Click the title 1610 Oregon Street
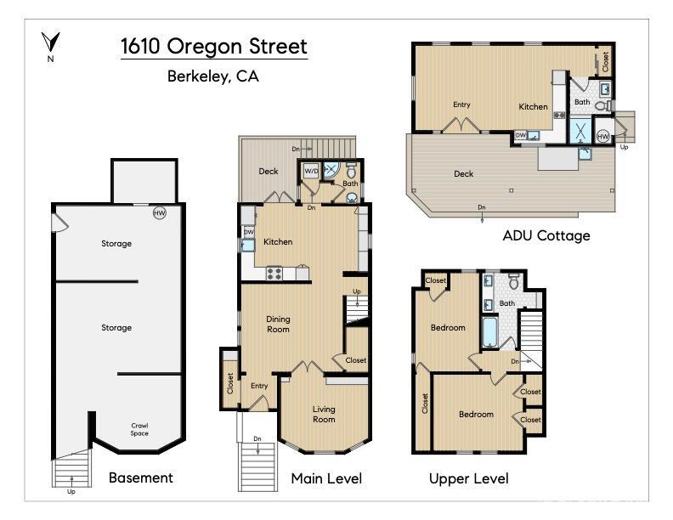coord(213,45)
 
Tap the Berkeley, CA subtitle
coord(213,76)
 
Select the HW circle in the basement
coord(159,212)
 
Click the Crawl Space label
coord(139,429)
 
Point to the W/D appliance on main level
coord(311,171)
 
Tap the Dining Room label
coord(279,324)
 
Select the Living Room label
coord(324,414)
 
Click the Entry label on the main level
coord(259,386)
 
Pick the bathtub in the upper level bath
coord(489,332)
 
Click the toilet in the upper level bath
coord(513,283)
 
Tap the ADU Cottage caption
coord(546,235)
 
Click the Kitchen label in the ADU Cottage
coord(534,106)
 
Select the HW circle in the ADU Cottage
coord(602,136)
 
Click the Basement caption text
coord(140,478)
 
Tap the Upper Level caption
coord(468,478)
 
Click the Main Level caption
coord(326,478)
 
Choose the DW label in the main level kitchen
coord(248,232)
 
